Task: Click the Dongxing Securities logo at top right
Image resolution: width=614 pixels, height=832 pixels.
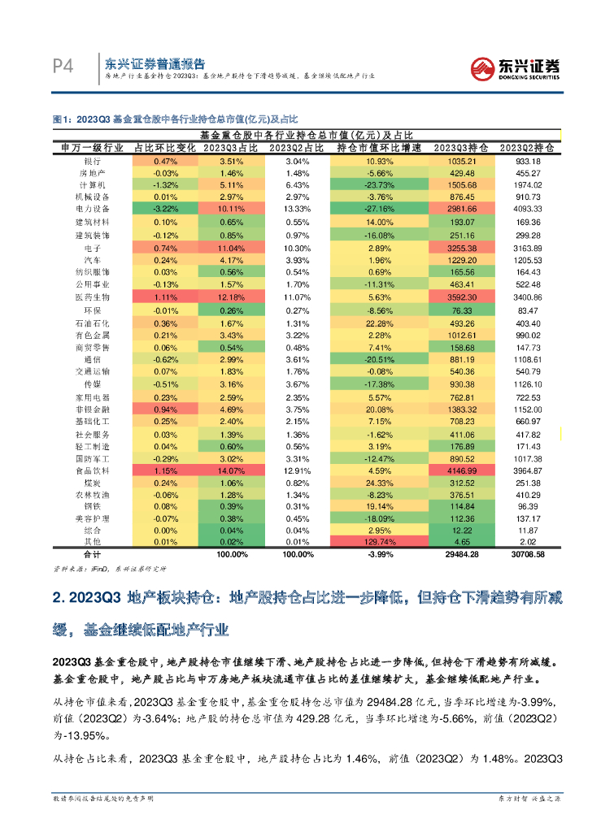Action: tap(516, 67)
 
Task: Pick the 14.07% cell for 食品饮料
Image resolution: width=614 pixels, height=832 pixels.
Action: tap(231, 470)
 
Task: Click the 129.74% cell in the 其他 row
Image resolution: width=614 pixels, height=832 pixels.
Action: tap(379, 542)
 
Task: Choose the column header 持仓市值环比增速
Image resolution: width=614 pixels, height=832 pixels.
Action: tap(379, 149)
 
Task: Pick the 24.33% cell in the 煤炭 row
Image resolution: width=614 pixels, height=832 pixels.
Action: tap(379, 483)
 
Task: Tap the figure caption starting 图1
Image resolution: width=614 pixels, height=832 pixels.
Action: tap(175, 119)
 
